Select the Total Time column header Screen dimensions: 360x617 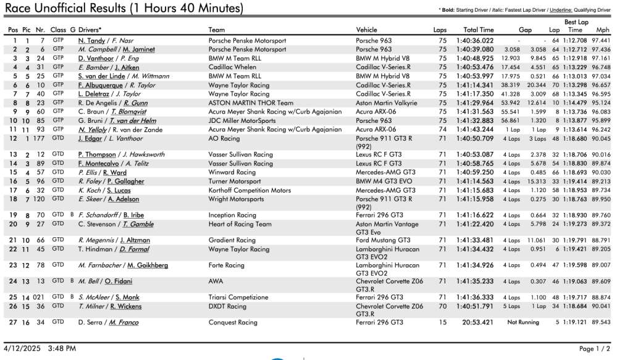pyautogui.click(x=479, y=30)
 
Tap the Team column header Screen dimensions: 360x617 pyautogui.click(x=217, y=30)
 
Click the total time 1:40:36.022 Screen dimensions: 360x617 pyautogui.click(x=475, y=41)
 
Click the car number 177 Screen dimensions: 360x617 pyautogui.click(x=41, y=139)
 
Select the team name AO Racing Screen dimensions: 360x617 pyautogui.click(x=223, y=139)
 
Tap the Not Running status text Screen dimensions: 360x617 pyautogui.click(x=523, y=322)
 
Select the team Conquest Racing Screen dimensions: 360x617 pyautogui.click(x=233, y=322)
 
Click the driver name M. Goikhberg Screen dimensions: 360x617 pyautogui.click(x=148, y=266)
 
